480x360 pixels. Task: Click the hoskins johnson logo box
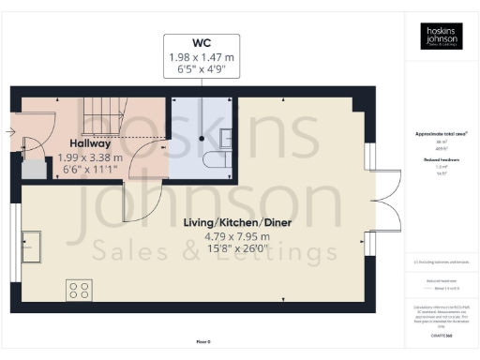[440, 37]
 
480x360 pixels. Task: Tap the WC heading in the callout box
[201, 43]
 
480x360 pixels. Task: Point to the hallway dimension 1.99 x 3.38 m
[89, 157]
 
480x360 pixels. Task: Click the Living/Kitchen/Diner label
[224, 221]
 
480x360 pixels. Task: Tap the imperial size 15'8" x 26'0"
[224, 249]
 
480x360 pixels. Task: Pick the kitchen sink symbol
[27, 243]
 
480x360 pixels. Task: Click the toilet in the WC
[218, 160]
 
